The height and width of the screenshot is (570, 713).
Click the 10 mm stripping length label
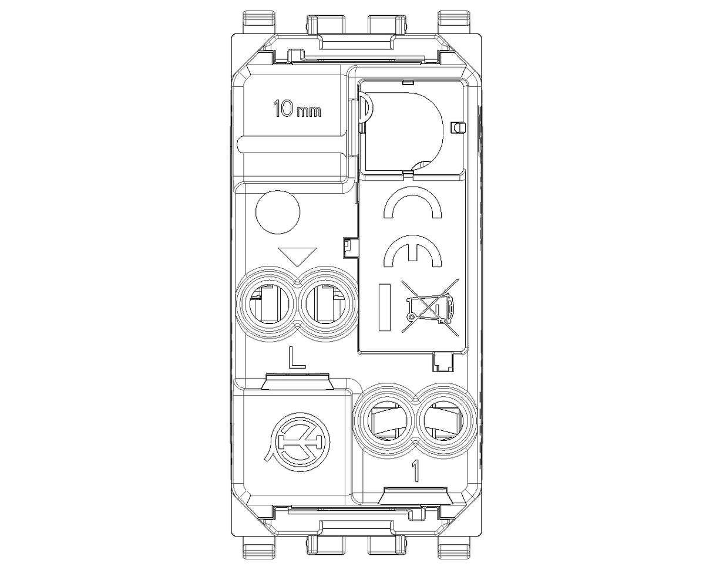click(x=298, y=109)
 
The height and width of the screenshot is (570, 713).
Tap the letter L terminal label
click(x=297, y=357)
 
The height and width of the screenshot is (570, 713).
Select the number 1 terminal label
click(x=415, y=471)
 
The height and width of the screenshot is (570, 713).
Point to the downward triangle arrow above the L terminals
click(x=298, y=257)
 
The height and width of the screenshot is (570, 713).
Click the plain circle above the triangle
click(x=278, y=211)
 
